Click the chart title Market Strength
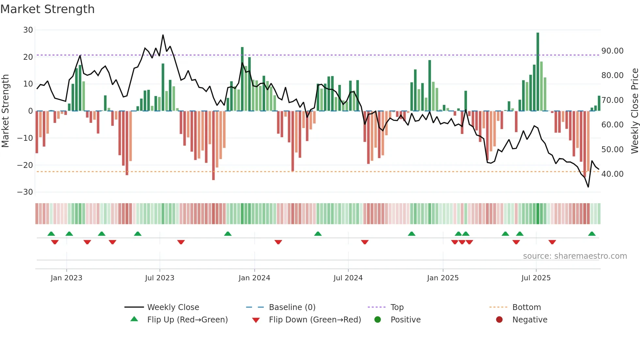47,9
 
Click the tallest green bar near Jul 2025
538,72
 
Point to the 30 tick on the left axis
28,30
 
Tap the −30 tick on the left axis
25,192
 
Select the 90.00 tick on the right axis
612,51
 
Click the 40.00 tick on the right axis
612,174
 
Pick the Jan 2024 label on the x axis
254,278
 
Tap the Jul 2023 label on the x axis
160,278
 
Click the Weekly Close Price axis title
634,111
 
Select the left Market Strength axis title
5,111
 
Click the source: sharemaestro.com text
575,256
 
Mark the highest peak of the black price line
163,35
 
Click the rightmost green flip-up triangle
592,234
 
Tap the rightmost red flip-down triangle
552,242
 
